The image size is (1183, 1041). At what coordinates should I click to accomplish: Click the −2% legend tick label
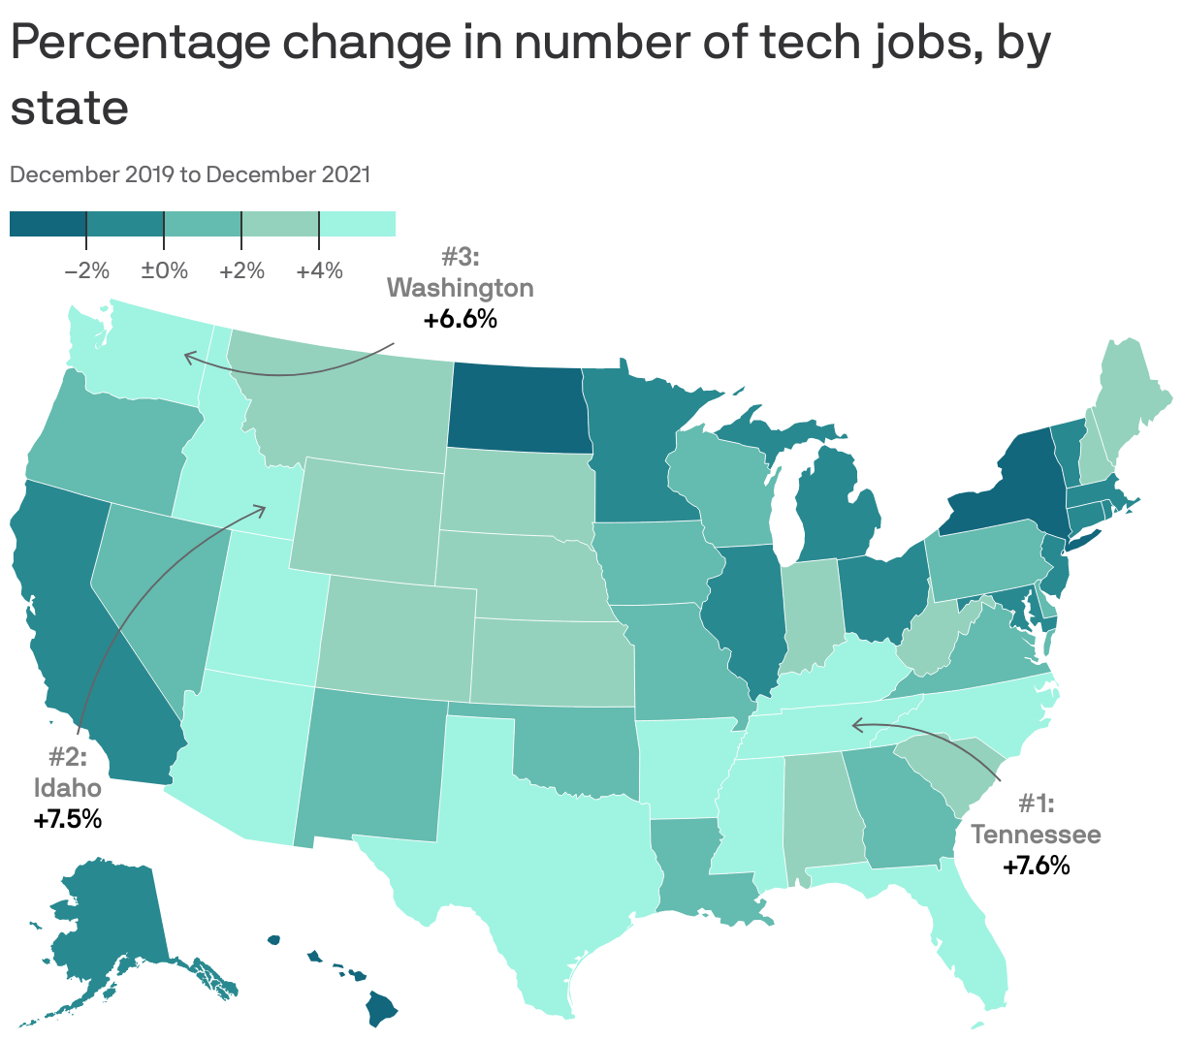click(86, 270)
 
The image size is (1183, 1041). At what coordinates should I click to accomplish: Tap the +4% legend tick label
click(319, 270)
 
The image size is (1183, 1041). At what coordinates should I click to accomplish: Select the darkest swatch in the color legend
click(48, 224)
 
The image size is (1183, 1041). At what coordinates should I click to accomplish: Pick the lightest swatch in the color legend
click(357, 224)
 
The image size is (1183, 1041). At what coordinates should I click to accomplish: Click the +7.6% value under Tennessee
click(1036, 866)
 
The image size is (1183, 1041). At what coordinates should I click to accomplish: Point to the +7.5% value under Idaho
click(67, 819)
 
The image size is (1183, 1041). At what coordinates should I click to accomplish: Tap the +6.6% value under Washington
click(460, 319)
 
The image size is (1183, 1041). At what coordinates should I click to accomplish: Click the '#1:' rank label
click(1036, 804)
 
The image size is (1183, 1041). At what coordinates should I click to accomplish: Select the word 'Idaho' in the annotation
click(67, 786)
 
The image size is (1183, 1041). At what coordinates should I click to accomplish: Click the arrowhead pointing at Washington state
click(188, 358)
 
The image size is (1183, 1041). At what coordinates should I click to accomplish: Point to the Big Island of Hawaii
click(381, 1008)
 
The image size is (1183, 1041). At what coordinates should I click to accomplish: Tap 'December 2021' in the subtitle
click(288, 174)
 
